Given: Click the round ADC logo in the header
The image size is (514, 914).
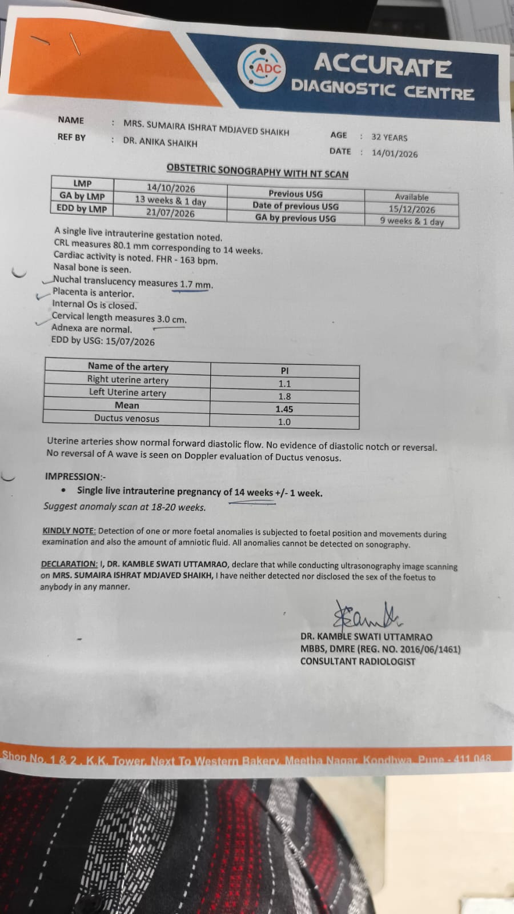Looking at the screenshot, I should [x=262, y=69].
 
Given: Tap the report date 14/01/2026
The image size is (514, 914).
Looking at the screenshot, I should [x=394, y=153].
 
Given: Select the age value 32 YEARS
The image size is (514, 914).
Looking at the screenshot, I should [x=389, y=137].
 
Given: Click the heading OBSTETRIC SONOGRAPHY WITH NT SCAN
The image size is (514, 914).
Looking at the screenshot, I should [x=257, y=171].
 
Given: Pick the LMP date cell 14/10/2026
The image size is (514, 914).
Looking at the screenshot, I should [x=170, y=188].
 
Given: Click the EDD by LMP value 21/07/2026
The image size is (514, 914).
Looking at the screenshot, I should [x=170, y=213].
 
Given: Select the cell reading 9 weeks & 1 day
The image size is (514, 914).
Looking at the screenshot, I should [x=411, y=221].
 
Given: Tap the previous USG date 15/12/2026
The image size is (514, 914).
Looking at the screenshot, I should [x=411, y=209].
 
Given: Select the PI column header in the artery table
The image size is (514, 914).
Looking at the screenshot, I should [x=284, y=371].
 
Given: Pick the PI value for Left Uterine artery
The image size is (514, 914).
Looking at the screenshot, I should [x=284, y=396].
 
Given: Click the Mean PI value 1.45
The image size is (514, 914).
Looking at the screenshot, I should [x=284, y=409].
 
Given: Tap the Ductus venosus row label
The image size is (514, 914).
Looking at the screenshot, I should [x=126, y=418].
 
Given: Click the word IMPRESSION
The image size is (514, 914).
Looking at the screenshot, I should [x=73, y=476].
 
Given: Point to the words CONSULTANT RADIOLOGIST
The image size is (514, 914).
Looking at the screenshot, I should [x=358, y=662].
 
